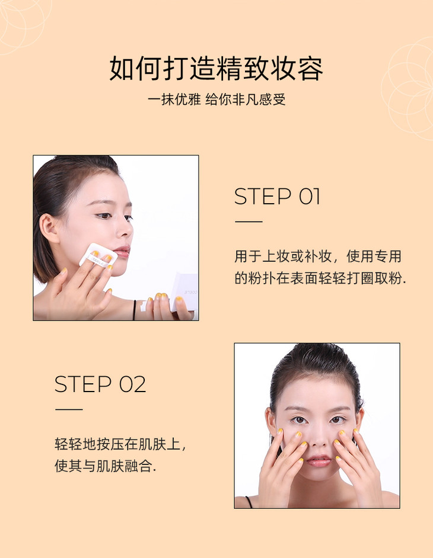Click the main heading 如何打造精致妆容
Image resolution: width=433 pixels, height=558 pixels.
point(216,68)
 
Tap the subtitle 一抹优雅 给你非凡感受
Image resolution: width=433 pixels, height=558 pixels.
point(216,100)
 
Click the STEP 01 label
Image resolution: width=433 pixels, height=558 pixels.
point(277,197)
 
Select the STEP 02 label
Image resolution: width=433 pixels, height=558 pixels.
point(100,384)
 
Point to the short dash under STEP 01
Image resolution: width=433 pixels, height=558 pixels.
point(249,222)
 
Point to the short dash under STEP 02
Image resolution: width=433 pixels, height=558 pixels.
point(69,409)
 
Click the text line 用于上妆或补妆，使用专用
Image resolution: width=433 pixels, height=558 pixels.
point(318,256)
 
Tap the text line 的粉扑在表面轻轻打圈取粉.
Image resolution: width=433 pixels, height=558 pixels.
point(320,278)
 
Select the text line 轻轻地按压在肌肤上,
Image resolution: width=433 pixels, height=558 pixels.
point(120,444)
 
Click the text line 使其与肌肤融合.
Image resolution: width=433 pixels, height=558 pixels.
point(105,466)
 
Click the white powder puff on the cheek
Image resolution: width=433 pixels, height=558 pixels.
point(97,255)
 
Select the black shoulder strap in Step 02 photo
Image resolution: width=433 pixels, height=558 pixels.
point(249,501)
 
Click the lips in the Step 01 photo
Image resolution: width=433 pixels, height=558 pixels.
point(122,252)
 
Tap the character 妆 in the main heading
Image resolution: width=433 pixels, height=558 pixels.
point(283,68)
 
